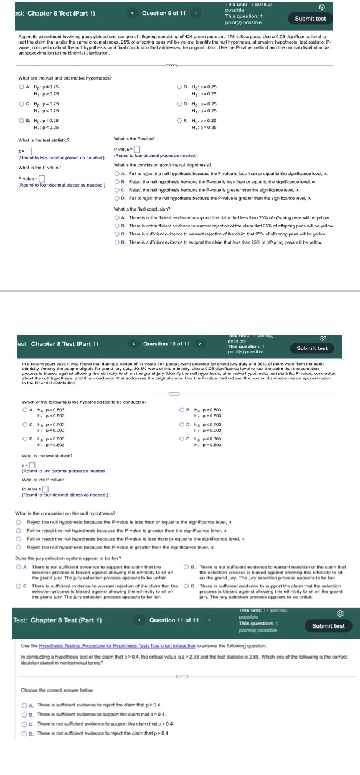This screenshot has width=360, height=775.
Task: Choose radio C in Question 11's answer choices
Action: point(24,725)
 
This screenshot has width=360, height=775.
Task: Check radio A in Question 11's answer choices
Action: point(24,705)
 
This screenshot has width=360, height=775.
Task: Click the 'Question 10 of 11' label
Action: point(166,343)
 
